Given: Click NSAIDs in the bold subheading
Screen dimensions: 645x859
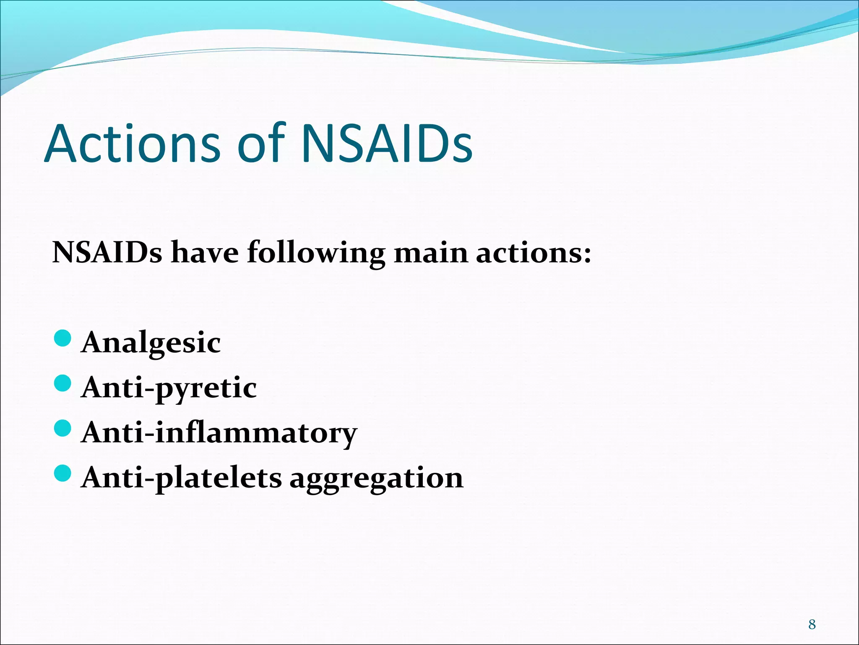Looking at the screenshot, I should (x=107, y=253).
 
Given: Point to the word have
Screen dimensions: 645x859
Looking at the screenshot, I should (x=205, y=253).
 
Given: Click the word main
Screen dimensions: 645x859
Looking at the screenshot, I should (x=431, y=253).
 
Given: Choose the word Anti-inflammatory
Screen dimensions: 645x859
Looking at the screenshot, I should (x=219, y=433).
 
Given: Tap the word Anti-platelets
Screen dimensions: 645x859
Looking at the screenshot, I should (x=182, y=478).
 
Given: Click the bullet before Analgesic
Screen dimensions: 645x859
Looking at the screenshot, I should (x=63, y=338).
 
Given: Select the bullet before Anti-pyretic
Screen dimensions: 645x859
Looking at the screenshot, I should (x=63, y=383).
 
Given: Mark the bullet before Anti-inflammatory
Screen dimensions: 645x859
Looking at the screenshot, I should (x=63, y=428).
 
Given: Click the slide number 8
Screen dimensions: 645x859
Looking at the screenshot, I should (x=812, y=624).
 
